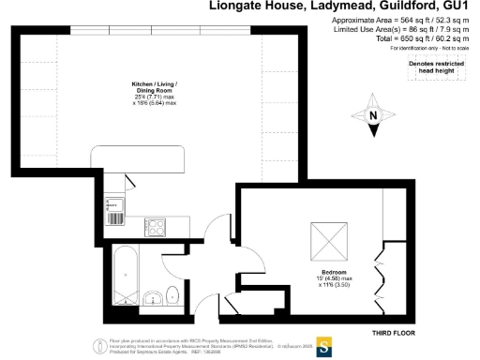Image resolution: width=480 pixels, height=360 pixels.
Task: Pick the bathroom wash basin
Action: (152, 299)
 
